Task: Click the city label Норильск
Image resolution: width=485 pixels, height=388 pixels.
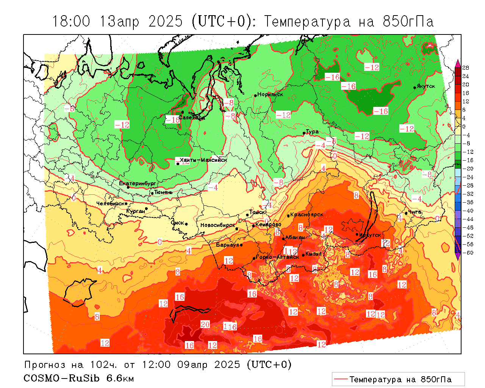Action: tap(270, 94)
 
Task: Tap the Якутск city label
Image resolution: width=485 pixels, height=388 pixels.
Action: tap(426, 86)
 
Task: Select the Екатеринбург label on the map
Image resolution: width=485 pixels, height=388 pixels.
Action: tap(137, 183)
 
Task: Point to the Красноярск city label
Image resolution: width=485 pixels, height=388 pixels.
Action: tap(307, 214)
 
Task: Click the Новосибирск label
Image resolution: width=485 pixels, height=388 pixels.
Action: tap(217, 225)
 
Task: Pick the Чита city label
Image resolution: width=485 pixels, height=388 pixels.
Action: tap(415, 212)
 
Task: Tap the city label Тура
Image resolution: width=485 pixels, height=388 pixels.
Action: tap(312, 132)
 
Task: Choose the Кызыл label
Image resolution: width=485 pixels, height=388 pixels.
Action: tap(313, 254)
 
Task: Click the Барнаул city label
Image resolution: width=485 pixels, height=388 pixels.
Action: tap(227, 245)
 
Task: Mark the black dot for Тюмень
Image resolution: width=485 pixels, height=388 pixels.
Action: tap(152, 193)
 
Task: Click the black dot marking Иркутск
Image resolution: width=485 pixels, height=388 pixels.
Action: tap(357, 234)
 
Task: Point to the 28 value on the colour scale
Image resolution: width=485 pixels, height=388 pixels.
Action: tap(466, 68)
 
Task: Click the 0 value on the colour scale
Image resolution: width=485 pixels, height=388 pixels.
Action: tap(464, 127)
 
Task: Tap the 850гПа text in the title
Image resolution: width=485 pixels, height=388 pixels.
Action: tap(408, 22)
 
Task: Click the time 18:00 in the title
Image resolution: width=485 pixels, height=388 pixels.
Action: tap(71, 22)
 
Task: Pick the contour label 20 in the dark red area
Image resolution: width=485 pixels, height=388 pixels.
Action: tap(205, 324)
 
